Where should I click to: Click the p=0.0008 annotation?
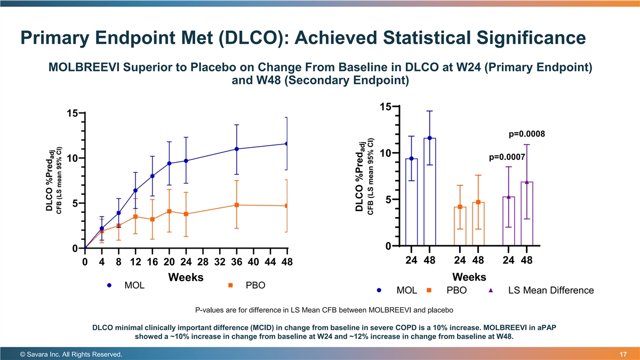tap(526, 134)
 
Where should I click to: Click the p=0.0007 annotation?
tap(507, 157)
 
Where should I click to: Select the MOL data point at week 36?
tap(237, 149)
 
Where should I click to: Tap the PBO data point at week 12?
tap(136, 217)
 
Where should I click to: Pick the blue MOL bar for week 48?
tap(430, 192)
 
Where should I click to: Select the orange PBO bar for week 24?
tap(460, 226)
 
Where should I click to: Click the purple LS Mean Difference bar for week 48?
tap(527, 213)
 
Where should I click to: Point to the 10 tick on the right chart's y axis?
tap(386, 154)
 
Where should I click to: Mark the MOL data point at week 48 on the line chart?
tap(287, 143)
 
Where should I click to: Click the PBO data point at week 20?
tap(169, 211)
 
